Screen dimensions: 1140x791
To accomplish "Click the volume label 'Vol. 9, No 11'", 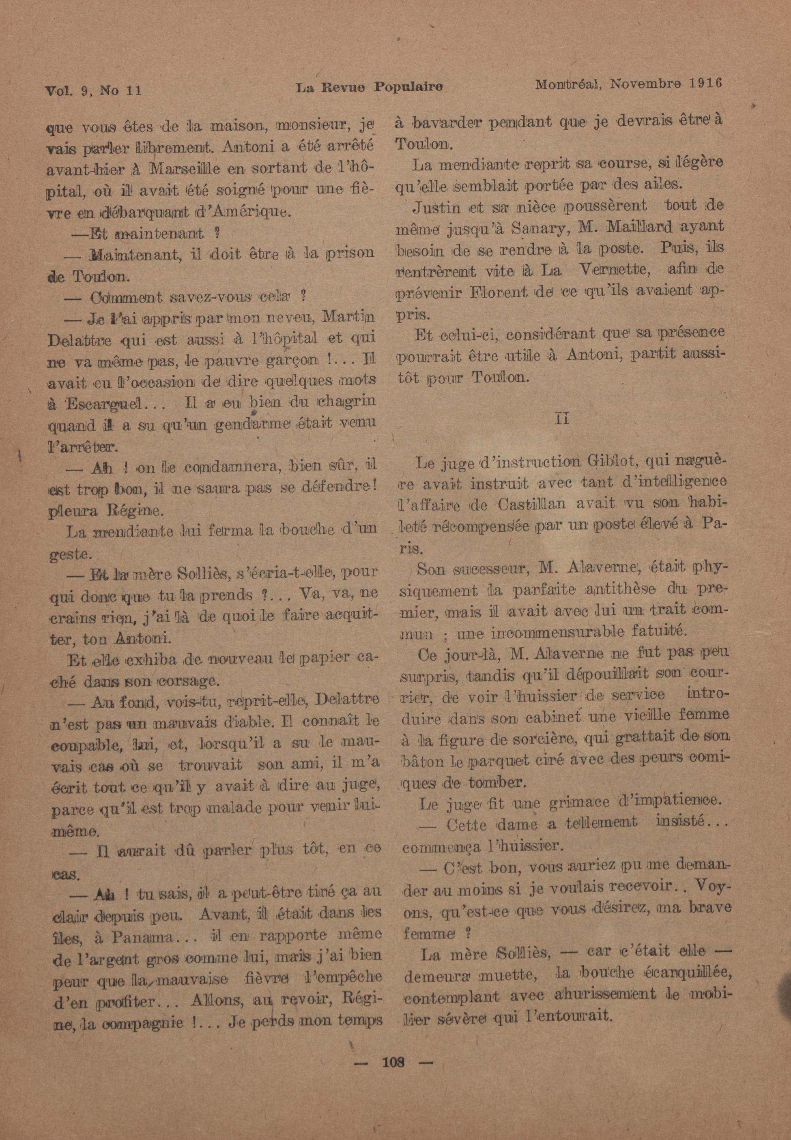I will (x=94, y=90).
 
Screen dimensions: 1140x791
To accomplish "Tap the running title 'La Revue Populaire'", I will (x=369, y=87).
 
